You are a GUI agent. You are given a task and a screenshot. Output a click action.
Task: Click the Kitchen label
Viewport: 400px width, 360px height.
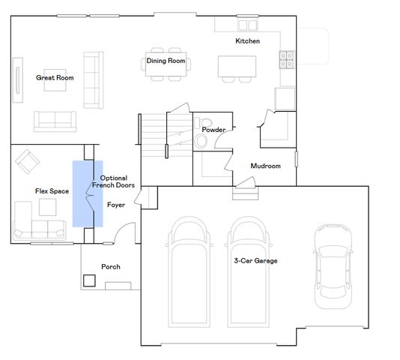coord(247,41)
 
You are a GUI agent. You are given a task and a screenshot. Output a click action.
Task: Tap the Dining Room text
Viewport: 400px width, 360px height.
coord(166,61)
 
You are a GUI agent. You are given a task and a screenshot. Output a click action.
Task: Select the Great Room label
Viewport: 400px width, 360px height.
coord(55,78)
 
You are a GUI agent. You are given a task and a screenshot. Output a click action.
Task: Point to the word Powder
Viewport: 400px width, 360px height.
coord(213,130)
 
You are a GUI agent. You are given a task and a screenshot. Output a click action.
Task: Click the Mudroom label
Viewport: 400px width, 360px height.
coord(266,166)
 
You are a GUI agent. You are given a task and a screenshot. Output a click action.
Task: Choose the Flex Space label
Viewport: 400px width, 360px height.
coord(52,191)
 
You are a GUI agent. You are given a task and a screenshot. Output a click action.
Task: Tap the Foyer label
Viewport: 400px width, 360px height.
coord(116,205)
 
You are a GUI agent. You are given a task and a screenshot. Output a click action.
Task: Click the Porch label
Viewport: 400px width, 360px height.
coord(111,267)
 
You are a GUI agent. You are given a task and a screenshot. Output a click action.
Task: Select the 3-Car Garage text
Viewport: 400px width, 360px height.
coord(255,261)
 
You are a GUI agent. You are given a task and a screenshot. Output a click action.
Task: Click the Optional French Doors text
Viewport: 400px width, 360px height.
coord(114,181)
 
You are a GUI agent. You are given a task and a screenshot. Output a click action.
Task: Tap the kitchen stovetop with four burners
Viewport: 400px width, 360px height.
coord(287,60)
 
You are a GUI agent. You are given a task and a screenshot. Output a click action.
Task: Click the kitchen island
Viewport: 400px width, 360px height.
coord(237,66)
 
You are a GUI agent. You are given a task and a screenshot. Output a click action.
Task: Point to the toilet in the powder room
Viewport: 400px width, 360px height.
coord(203,123)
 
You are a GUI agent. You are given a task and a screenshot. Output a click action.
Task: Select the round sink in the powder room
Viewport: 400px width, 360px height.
coord(201,141)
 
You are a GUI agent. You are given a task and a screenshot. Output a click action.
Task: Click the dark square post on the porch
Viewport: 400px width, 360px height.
coord(89,280)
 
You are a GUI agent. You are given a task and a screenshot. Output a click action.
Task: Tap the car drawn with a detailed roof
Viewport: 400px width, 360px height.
coord(333,266)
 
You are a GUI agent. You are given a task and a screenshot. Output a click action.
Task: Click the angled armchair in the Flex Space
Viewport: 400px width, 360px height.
coord(27,161)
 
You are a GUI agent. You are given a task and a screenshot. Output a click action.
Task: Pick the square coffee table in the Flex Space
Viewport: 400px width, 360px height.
coord(48,207)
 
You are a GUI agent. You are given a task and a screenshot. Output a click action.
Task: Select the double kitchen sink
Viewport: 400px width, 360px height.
coord(248,25)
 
